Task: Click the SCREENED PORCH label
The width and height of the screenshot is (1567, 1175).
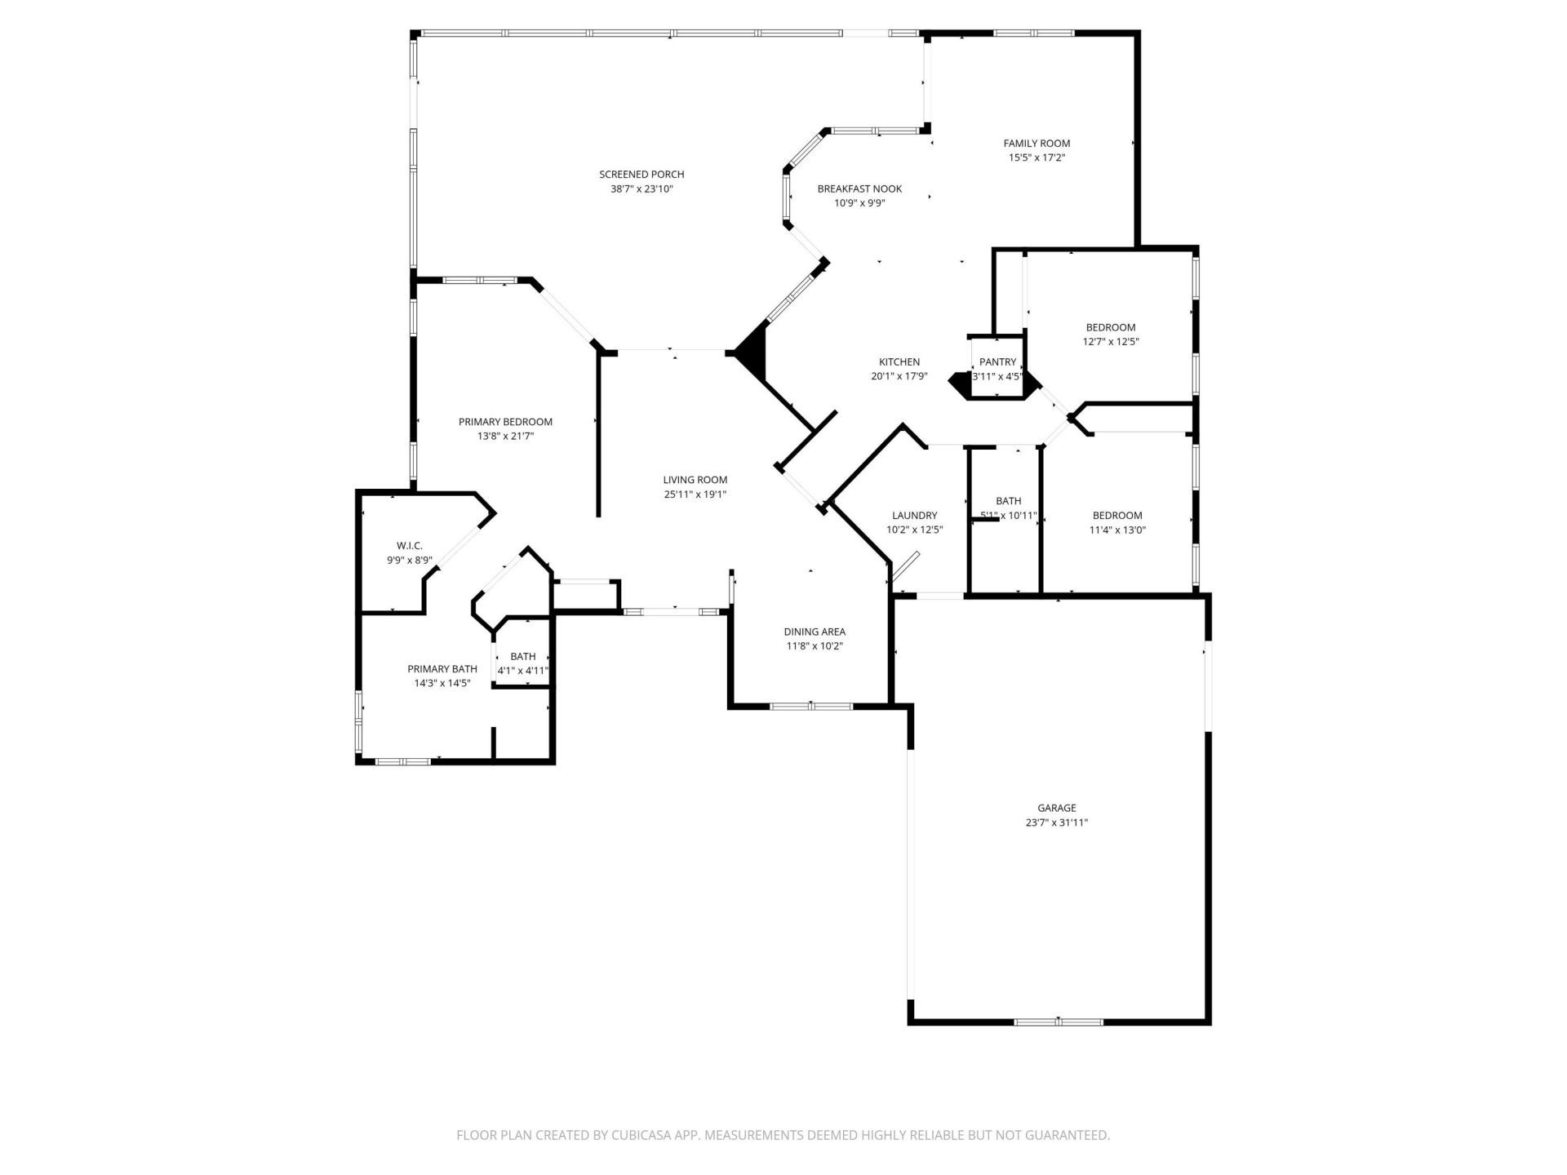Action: (x=641, y=174)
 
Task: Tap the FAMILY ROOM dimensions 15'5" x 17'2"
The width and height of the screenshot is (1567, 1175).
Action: (x=1037, y=158)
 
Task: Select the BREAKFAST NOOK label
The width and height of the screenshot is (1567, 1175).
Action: (x=859, y=188)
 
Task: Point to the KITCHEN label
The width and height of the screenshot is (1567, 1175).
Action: (x=899, y=361)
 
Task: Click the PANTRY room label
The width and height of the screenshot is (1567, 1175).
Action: (x=997, y=361)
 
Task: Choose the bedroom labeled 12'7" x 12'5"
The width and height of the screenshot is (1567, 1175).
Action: (x=1110, y=335)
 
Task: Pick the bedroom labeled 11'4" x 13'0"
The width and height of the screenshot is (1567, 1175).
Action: (x=1117, y=522)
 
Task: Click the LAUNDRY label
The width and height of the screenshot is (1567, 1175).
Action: (x=914, y=515)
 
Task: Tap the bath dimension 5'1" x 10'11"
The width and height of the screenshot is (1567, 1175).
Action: (x=1009, y=516)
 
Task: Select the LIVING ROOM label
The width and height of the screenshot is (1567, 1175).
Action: (x=695, y=480)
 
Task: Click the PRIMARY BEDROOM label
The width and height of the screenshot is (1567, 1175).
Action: (x=505, y=422)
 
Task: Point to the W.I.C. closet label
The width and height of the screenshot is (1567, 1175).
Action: (x=409, y=545)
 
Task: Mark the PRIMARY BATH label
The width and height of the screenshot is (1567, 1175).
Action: (x=442, y=669)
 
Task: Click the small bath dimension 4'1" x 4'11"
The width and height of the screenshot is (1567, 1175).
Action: (x=523, y=671)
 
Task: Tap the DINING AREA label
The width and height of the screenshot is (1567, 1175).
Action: (x=814, y=632)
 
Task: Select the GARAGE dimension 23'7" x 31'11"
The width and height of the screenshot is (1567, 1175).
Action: (x=1056, y=822)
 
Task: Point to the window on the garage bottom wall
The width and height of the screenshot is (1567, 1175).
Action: (x=1058, y=1022)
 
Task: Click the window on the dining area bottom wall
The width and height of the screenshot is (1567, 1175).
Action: (x=811, y=706)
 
